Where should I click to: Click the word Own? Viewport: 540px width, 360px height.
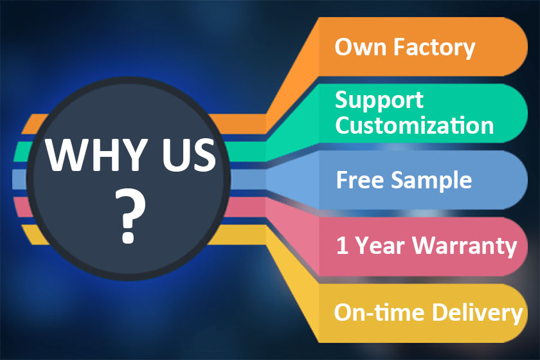tap(360, 47)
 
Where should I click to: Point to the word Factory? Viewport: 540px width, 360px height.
tap(435, 48)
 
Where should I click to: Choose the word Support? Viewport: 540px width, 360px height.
tap(379, 101)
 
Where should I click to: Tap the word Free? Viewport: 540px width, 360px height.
tap(359, 179)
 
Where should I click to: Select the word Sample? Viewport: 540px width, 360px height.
tap(431, 181)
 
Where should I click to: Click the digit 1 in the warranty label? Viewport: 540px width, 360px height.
tap(342, 246)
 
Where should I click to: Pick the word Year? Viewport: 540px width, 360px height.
tap(380, 246)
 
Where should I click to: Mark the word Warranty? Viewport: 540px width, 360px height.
tap(465, 246)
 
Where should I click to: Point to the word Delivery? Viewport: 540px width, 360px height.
tap(477, 313)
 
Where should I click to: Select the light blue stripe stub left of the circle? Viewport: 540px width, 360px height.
tap(19, 179)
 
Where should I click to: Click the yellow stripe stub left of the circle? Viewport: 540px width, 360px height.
tap(35, 235)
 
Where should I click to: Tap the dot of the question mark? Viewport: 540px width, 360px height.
tap(128, 237)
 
